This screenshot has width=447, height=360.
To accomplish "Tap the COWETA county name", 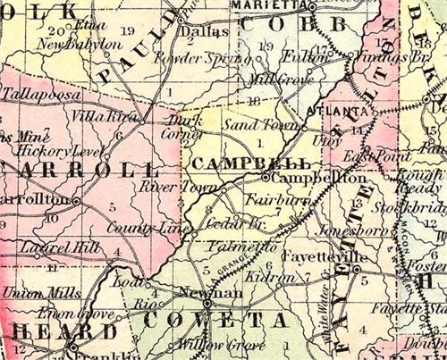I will pos(227,320).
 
